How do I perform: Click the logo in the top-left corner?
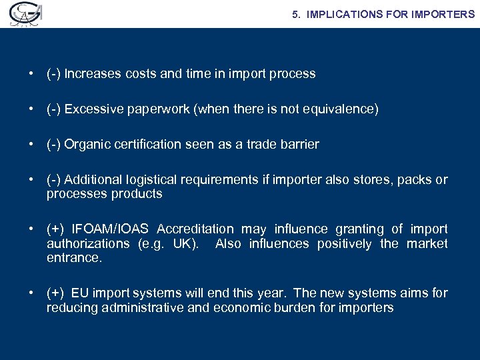coord(23,14)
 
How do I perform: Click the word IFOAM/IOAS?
coord(111,229)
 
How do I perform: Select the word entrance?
coord(75,258)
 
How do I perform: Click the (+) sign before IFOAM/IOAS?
coord(55,229)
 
